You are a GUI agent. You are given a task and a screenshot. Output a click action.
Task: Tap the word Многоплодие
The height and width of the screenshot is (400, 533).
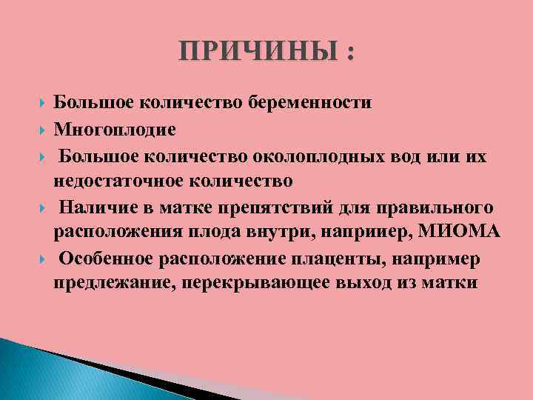pos(115,130)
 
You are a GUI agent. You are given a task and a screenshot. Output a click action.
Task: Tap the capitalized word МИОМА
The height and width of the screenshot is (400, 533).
pos(460,232)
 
